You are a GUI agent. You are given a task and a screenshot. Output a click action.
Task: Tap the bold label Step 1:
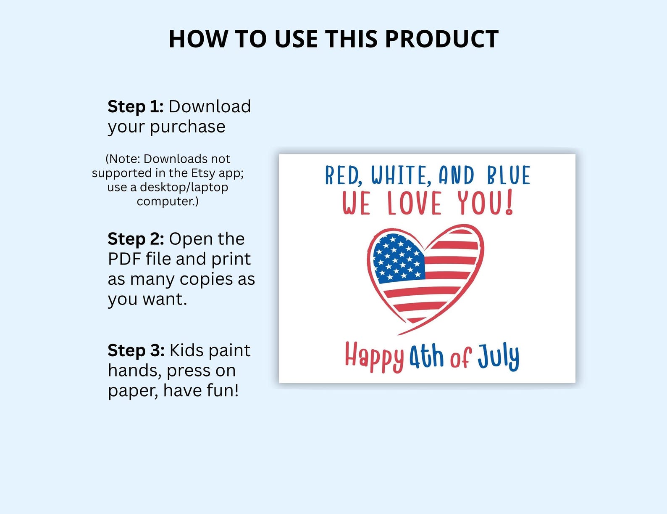(135, 106)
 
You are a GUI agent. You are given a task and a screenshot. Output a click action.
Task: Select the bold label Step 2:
(136, 238)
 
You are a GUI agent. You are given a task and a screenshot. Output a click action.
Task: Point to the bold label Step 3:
(136, 350)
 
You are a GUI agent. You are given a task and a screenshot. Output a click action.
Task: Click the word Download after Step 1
(210, 106)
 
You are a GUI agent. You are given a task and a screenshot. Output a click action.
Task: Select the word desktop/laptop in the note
(184, 187)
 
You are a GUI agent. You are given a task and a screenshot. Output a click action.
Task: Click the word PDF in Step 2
(124, 259)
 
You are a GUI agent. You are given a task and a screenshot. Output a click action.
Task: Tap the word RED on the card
(343, 175)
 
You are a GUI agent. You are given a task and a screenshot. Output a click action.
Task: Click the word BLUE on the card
(509, 175)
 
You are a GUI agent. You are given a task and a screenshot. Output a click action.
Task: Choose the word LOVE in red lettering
(414, 204)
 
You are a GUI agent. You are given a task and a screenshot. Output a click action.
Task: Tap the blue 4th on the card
(426, 357)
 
